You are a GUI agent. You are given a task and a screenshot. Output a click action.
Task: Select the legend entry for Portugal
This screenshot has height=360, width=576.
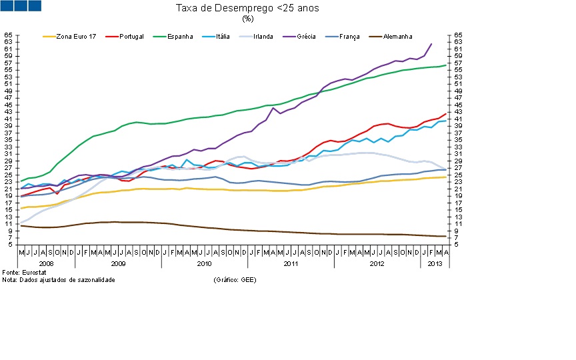point(131,37)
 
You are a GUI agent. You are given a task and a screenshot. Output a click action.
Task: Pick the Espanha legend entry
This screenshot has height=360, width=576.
point(179,37)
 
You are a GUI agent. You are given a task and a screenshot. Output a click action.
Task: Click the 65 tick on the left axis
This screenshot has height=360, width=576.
point(8,35)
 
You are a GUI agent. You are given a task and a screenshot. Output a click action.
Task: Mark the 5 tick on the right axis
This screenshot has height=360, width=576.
point(457,245)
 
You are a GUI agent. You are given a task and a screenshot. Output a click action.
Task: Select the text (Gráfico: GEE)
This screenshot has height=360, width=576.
point(235,280)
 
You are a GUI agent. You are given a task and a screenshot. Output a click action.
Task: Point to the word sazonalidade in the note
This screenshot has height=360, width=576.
point(97,280)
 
